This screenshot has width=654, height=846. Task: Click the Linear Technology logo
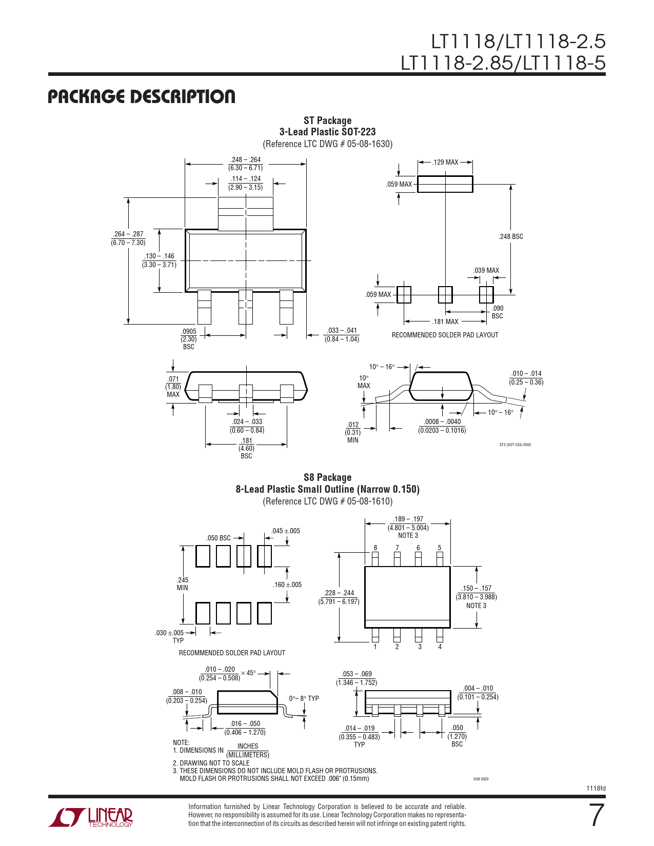90,817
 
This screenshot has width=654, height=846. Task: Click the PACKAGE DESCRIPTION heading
142,96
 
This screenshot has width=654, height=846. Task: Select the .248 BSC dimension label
511,237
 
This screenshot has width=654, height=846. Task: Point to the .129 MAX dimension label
445,163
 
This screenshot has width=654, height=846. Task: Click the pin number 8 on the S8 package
375,548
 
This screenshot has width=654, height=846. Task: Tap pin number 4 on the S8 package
440,647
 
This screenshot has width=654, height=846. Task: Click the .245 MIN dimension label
182,584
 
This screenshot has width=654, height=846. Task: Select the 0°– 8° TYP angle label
304,698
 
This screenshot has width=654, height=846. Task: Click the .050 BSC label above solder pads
219,538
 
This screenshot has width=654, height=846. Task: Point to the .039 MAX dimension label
486,271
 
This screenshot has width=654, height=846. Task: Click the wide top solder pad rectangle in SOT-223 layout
445,184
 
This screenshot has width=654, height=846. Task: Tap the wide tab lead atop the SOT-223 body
245,213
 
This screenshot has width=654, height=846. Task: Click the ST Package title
328,120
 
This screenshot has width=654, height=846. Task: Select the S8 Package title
328,478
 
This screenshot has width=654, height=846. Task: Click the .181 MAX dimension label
445,321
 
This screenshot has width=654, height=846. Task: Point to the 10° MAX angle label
364,382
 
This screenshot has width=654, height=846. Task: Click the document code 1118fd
596,789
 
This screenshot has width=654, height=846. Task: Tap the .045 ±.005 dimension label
286,531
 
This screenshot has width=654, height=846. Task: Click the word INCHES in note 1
248,746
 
